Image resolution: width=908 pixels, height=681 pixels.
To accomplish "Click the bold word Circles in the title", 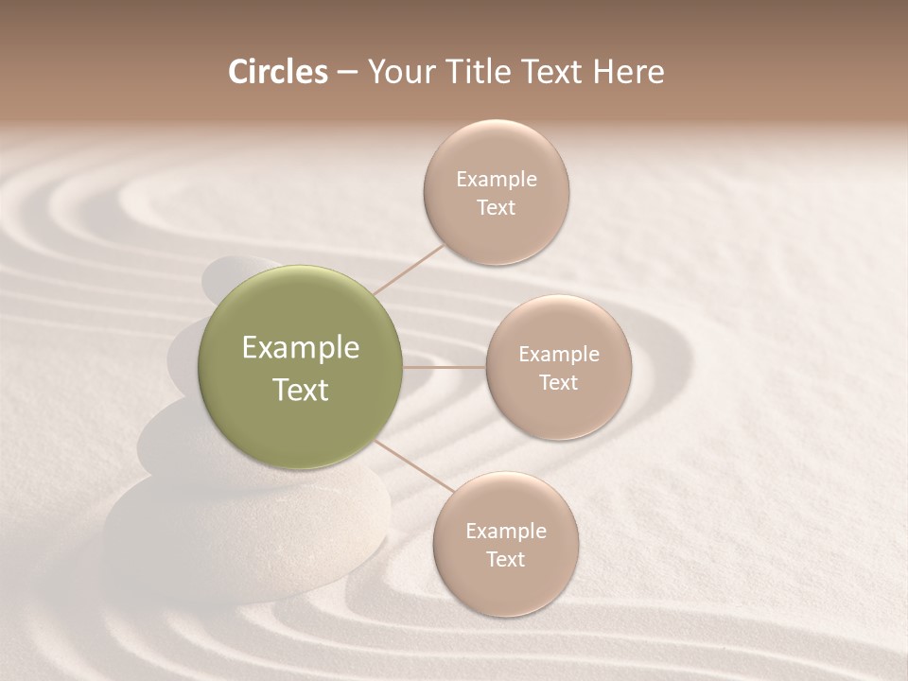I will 277,72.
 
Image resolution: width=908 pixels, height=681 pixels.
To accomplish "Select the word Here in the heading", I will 628,72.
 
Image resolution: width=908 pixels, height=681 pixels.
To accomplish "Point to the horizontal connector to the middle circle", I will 445,367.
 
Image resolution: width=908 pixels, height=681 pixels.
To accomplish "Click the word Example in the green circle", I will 300,348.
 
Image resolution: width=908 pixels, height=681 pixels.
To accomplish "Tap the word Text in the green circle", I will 300,390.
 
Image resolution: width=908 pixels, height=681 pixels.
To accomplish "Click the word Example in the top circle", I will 497,180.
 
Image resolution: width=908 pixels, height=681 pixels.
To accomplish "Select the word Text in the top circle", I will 497,208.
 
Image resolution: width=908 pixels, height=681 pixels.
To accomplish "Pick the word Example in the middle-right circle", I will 559,355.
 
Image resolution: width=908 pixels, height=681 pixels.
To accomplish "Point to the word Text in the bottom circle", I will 506,559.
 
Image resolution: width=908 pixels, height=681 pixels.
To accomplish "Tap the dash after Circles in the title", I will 346,72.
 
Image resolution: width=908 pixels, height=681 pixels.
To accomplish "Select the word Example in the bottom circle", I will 506,532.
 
